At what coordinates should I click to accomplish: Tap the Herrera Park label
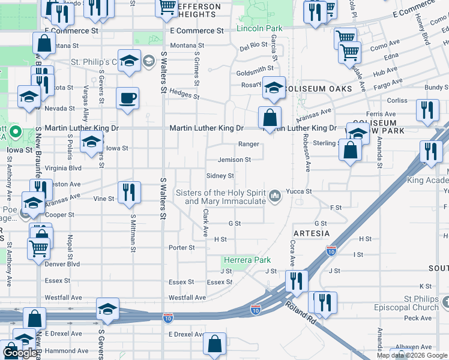[x=246, y=260]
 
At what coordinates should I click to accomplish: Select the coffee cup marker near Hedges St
[x=127, y=98]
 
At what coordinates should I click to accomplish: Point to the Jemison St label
[x=234, y=160]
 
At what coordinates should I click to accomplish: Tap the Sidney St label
[x=220, y=176]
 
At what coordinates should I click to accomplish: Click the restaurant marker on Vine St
[x=129, y=193]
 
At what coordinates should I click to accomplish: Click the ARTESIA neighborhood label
[x=311, y=233]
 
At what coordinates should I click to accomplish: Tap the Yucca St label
[x=300, y=191]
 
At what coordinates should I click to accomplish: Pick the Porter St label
[x=182, y=247]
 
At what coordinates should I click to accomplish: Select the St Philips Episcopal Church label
[x=421, y=303]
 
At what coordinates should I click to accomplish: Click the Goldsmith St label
[x=255, y=70]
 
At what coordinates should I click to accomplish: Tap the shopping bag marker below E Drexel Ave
[x=214, y=344]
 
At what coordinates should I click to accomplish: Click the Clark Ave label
[x=205, y=221]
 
